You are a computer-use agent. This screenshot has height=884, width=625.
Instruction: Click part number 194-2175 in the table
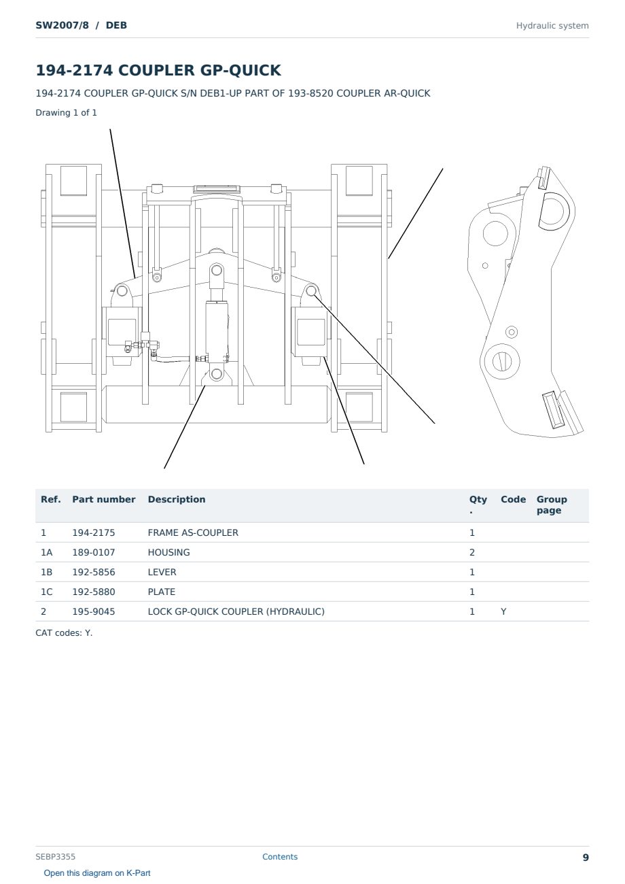[x=94, y=532]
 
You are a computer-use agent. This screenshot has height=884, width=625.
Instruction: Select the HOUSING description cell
[x=168, y=552]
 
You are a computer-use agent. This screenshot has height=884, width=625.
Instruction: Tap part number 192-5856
[x=94, y=572]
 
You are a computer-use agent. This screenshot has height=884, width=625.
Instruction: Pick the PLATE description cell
[x=161, y=592]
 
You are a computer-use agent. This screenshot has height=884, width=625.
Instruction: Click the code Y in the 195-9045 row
[x=503, y=611]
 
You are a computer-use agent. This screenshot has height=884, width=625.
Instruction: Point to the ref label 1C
[x=46, y=592]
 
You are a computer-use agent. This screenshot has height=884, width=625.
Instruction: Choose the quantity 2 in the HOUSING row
[x=472, y=552]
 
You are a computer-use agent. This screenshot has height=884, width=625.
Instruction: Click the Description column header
[x=176, y=499]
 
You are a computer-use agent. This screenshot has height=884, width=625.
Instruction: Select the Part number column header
[x=103, y=499]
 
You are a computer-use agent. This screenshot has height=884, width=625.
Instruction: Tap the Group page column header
[x=552, y=505]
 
